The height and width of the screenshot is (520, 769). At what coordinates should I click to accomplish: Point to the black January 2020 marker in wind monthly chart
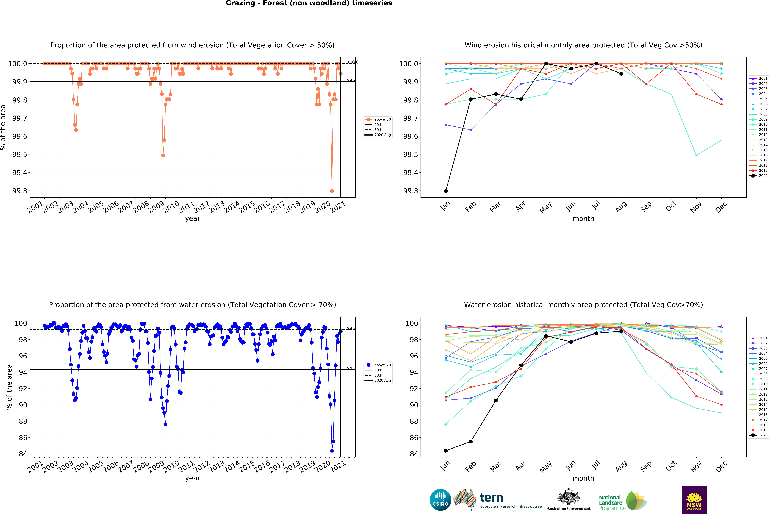446,191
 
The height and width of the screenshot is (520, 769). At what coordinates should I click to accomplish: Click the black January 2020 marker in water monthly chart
446,450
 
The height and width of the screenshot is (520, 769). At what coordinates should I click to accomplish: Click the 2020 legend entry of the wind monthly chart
763,176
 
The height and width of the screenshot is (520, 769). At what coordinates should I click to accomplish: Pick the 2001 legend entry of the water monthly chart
763,338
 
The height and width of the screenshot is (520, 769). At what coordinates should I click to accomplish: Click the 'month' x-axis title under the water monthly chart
583,478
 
